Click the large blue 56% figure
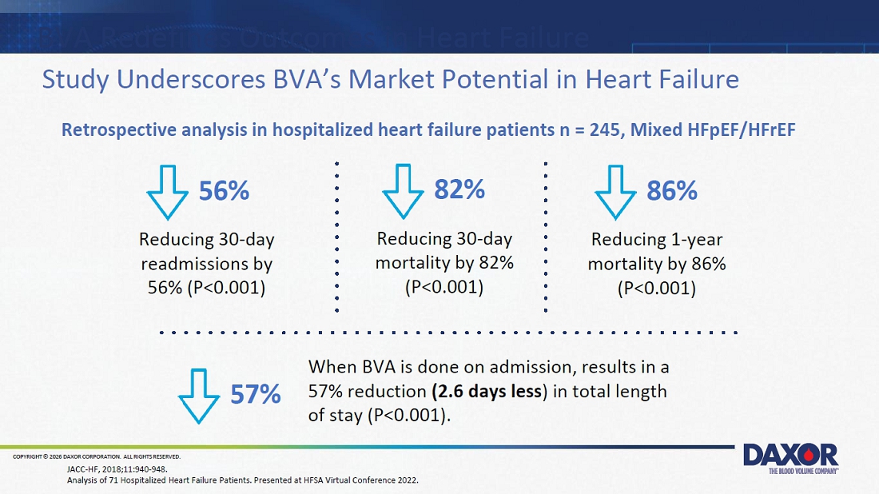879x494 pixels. click(225, 191)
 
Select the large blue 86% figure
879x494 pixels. click(672, 191)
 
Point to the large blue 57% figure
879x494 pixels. click(256, 394)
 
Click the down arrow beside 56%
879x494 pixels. click(167, 192)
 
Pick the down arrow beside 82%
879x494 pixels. click(403, 191)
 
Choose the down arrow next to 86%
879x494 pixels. click(615, 192)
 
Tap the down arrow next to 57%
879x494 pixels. click(198, 396)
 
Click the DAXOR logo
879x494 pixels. click(790, 458)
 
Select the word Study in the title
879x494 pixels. click(75, 80)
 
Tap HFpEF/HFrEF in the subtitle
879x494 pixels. click(713, 130)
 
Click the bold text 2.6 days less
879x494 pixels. click(487, 391)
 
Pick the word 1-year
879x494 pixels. click(697, 240)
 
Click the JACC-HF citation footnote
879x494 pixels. click(117, 469)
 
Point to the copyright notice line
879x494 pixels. click(97, 457)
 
